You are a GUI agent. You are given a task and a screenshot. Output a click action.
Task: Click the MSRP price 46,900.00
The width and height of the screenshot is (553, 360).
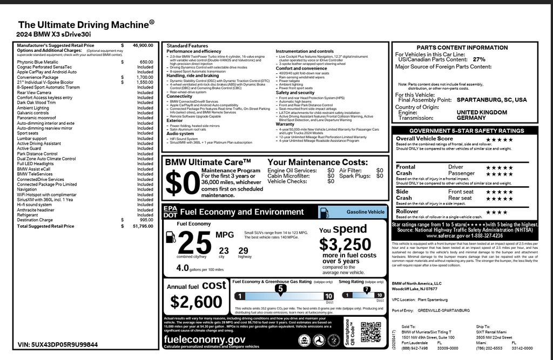coord(143,46)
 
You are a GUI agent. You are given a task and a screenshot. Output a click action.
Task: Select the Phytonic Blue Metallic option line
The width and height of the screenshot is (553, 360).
coord(37,62)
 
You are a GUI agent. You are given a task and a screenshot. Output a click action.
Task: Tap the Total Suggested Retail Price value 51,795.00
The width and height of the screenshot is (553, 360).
coord(143,226)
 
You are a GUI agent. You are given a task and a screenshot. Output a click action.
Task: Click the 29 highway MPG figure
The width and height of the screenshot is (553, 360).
coord(243,250)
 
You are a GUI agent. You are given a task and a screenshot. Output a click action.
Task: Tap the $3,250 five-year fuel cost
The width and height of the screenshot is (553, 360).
coord(345,244)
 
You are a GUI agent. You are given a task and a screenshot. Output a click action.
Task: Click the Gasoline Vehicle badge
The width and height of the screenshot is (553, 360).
coord(365,212)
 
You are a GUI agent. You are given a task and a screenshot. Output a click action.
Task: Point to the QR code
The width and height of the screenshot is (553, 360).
coord(370,332)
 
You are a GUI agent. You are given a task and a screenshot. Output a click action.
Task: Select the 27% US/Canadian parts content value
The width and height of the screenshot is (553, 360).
coord(479,59)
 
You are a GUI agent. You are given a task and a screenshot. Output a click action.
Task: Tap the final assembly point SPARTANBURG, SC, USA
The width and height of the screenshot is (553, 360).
coord(491,100)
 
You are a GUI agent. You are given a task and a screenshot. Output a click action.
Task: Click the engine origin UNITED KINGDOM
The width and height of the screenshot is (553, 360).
coord(482,112)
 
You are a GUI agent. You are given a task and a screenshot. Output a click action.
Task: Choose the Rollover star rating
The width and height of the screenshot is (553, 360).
coord(496,212)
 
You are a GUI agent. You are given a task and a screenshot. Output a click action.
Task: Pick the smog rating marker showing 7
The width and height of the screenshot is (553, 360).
coord(367,290)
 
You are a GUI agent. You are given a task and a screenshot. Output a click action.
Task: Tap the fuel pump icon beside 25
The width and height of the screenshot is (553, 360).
coord(170,238)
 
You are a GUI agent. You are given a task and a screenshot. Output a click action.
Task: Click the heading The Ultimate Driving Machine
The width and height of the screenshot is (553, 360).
coord(86,24)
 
